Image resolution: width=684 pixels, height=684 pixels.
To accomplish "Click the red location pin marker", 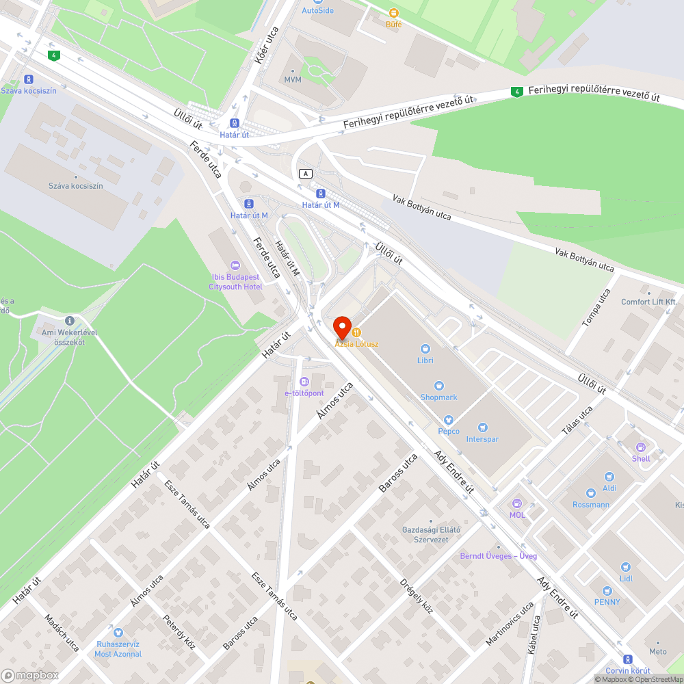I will point(341,327).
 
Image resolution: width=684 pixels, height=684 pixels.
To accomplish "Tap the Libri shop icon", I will point(425,349).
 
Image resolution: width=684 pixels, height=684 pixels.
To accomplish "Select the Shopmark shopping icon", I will point(438,386).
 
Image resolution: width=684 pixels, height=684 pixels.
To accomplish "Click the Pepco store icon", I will point(449,420).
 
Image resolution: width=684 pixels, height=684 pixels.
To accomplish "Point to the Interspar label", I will point(482,439).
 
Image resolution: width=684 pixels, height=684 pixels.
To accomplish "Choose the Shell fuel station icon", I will point(641,447).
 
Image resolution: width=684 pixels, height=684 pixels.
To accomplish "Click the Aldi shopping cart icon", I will point(609,477).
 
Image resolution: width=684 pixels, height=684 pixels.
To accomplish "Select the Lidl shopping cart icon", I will point(625,567).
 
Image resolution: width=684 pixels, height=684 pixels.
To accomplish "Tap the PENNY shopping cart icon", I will point(607,591).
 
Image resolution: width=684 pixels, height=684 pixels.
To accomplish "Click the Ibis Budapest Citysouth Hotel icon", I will point(235,265).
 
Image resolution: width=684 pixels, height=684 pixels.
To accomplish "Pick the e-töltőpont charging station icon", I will point(304,382).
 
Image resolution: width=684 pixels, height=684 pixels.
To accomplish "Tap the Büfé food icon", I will point(393,13).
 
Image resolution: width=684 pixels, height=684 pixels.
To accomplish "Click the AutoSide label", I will point(317,11).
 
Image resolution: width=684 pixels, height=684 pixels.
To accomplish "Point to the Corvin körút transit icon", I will point(628,659).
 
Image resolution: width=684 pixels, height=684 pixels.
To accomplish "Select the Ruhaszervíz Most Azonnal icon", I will point(118,633).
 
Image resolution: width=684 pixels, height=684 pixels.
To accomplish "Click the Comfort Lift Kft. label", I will point(648,302).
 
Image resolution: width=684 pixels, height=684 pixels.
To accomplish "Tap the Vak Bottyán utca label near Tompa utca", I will point(584,260).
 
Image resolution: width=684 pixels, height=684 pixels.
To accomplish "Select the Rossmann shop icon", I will point(591,493).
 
